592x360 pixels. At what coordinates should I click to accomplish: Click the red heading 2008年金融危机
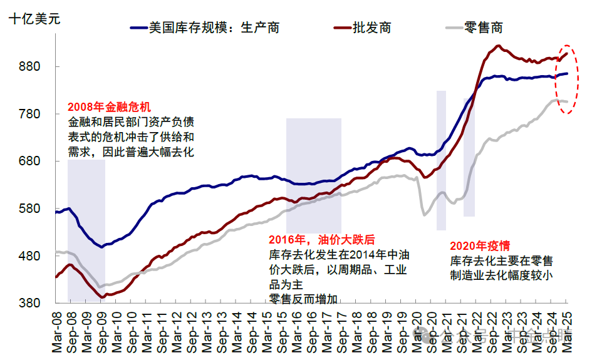[x=110, y=107]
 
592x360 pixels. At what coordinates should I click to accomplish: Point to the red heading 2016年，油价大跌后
[x=321, y=240]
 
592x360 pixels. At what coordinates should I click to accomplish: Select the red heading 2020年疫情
[x=480, y=246]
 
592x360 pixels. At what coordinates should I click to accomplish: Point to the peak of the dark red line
[x=498, y=46]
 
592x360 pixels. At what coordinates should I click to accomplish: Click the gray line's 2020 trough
[x=425, y=215]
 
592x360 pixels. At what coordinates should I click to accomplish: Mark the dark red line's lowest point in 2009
[x=103, y=297]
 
